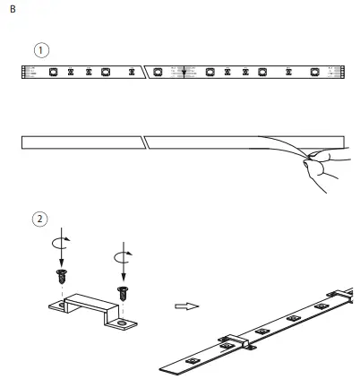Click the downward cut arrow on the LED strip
click(184, 73)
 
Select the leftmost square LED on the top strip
click(54, 72)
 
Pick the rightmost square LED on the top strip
click(314, 72)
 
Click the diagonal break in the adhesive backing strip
click(145, 141)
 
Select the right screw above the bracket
click(123, 292)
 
